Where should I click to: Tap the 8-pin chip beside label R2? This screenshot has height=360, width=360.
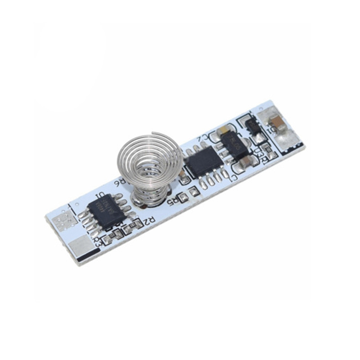pos(107,211)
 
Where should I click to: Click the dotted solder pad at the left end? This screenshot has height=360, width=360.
pos(64,221)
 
